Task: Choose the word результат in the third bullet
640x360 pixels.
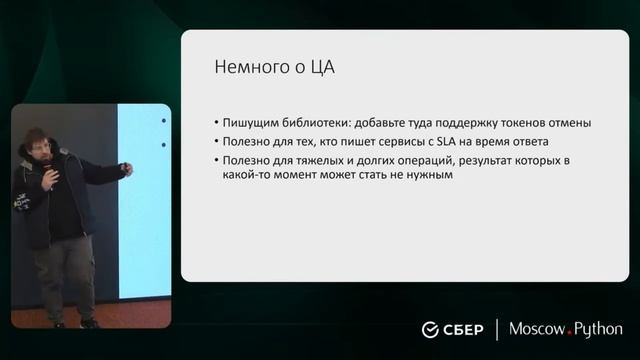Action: coord(498,159)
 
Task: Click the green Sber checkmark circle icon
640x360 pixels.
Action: coord(431,330)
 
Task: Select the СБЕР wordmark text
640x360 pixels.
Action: coord(464,330)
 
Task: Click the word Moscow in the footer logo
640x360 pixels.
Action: coord(538,329)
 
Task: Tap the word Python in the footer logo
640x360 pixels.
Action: coord(598,330)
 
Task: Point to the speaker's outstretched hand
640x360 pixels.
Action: coord(126,170)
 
